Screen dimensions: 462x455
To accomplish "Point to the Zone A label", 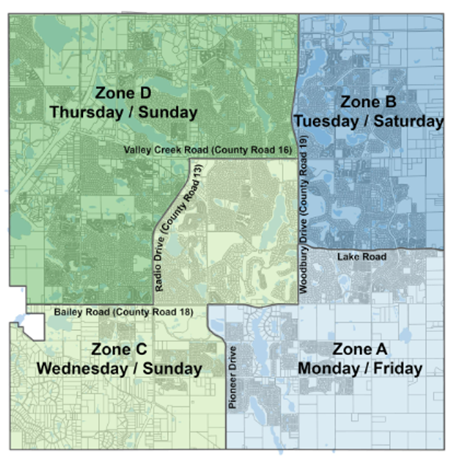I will coord(360,349).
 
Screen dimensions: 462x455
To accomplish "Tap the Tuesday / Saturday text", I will coord(369,121).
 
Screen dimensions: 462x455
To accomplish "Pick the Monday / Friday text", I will coord(360,368).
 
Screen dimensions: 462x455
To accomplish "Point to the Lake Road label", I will coord(361,257).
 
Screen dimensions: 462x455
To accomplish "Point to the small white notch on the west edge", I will coord(33,326).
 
